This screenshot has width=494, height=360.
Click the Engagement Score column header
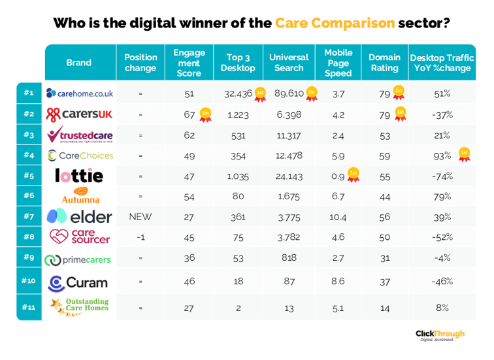189,63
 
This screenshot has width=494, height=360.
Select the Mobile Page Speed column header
338,63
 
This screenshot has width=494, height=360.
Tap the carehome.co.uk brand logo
80,93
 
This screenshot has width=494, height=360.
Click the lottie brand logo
79,176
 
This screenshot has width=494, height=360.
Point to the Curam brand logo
78,283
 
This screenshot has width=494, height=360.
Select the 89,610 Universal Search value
286,93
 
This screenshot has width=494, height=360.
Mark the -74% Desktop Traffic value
442,176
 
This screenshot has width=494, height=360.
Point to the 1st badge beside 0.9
354,174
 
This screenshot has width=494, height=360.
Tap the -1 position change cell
140,237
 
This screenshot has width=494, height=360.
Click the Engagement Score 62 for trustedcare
189,135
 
